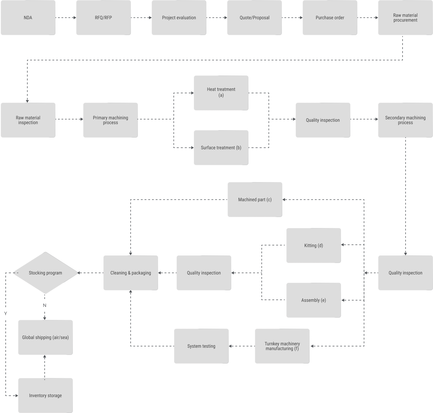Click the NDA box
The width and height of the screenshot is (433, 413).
28,18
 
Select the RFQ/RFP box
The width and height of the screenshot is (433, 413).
103,18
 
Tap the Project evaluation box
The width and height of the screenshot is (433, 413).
179,18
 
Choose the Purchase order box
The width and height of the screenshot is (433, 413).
330,18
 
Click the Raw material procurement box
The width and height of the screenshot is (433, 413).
405,18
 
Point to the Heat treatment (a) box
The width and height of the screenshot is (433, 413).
221,93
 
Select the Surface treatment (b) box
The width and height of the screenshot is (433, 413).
221,148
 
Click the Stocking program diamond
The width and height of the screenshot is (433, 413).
45,273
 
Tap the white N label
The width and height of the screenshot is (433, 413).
45,305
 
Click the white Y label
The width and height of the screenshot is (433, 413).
6,314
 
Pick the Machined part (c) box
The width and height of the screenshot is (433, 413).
255,199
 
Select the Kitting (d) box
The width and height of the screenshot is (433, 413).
313,245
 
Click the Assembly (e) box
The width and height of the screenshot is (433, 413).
313,300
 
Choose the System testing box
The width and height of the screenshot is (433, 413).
201,346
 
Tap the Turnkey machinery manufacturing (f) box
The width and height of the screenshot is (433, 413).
282,346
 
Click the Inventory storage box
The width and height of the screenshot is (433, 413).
45,395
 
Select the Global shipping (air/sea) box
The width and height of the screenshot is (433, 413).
45,337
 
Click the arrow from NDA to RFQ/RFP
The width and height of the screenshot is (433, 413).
66,18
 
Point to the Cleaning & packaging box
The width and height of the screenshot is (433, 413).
130,273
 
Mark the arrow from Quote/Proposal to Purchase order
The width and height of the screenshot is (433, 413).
292,18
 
